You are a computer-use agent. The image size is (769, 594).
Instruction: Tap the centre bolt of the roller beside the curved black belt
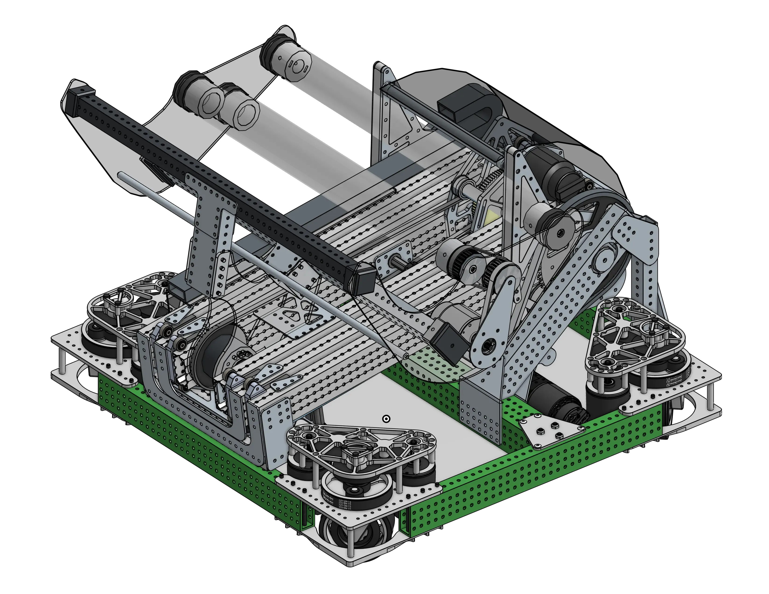[561, 232]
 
